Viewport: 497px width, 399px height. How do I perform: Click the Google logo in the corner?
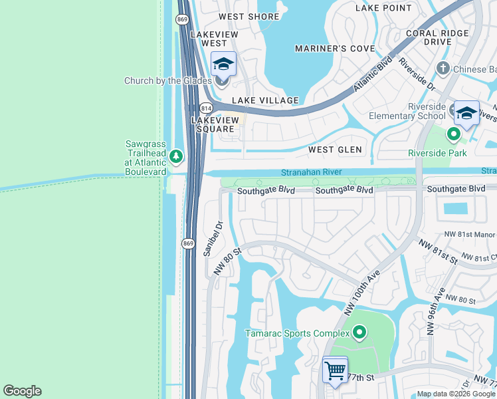(x=22, y=391)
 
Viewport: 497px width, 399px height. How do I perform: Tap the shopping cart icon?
(x=335, y=369)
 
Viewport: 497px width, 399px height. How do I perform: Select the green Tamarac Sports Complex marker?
(x=359, y=332)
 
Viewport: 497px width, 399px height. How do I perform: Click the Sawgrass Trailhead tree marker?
(x=175, y=157)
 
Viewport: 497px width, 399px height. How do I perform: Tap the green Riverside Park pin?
(x=454, y=135)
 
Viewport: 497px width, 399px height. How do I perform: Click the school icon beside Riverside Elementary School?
(x=466, y=112)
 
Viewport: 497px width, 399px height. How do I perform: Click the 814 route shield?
(x=205, y=108)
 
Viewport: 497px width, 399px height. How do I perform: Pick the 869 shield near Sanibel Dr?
(x=189, y=244)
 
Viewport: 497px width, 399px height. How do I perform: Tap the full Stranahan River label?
(x=311, y=172)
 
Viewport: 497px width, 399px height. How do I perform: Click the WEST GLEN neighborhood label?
(x=335, y=150)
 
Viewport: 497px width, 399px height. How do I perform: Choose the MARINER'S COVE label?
(x=335, y=49)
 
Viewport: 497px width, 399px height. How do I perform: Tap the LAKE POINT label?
(x=383, y=8)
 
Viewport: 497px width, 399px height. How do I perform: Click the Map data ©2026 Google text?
(x=456, y=394)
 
